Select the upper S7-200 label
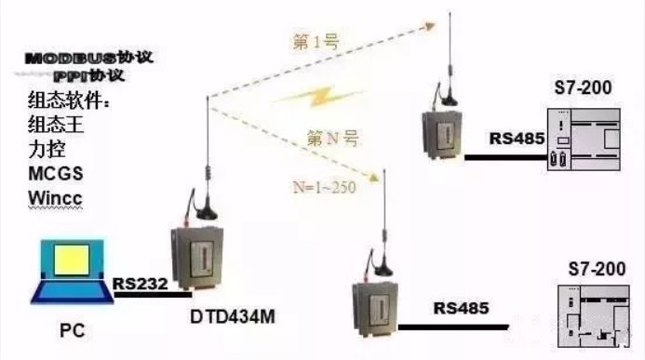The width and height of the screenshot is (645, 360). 588,88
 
